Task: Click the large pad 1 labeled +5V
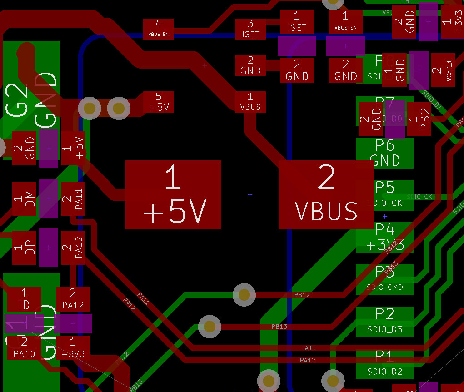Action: (x=173, y=194)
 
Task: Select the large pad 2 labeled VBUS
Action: (x=326, y=194)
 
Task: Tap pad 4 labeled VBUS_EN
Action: (x=158, y=28)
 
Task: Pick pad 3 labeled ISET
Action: (x=250, y=29)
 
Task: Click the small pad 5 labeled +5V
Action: (x=159, y=102)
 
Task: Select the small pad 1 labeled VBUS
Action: (x=250, y=102)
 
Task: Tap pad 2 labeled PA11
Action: (x=73, y=199)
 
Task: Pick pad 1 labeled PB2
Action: (x=419, y=119)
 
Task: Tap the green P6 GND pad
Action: (x=384, y=153)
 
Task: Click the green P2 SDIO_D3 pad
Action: (x=384, y=322)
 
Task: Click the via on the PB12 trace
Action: (x=244, y=295)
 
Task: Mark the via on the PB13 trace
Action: (x=210, y=326)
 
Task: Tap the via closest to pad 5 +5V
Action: (x=119, y=108)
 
